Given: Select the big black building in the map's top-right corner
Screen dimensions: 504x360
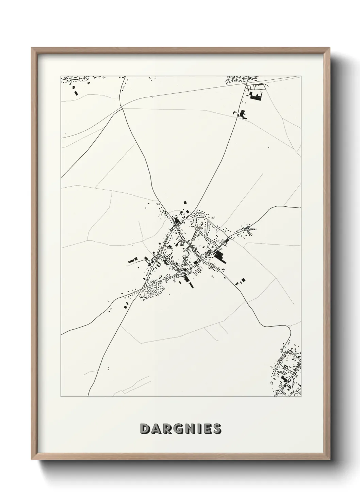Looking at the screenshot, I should point(256,96).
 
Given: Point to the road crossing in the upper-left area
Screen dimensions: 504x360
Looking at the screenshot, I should point(122,108).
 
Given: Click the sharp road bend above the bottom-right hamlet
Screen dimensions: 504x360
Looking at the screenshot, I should point(289,328).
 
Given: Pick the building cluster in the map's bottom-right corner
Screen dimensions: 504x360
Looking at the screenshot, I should point(288,375).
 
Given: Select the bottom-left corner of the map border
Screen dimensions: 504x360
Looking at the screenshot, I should point(61,397).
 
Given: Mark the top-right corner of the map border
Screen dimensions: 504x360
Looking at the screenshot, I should point(301,76).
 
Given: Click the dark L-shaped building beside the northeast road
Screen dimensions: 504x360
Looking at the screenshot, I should point(243,114).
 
